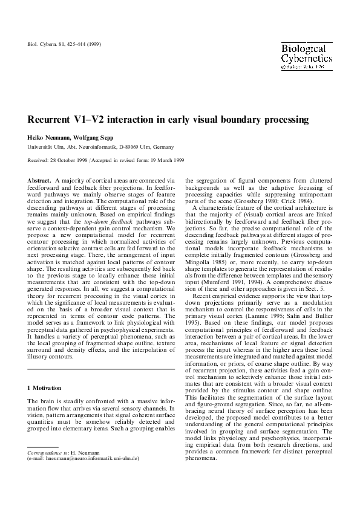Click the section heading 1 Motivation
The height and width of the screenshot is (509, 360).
(x=45, y=386)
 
